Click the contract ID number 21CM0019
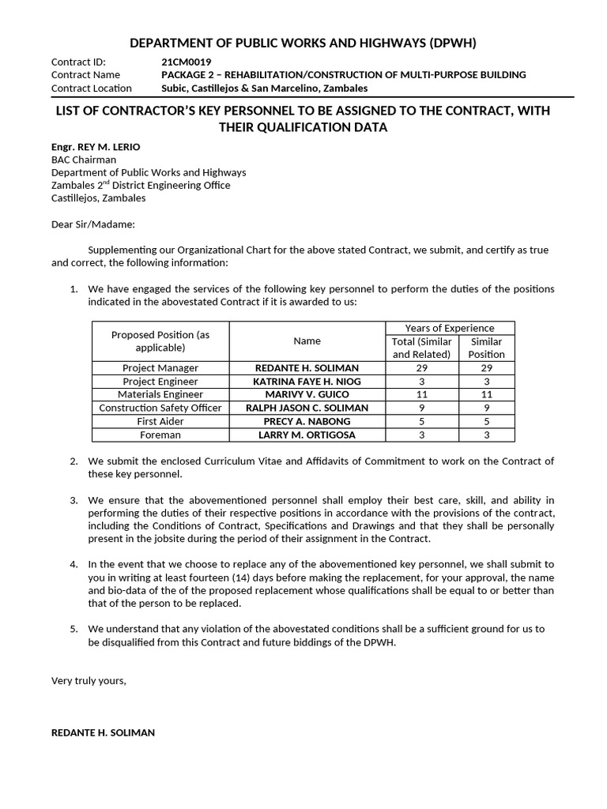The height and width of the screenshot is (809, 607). pos(186,62)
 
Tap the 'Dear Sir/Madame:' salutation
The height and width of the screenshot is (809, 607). pos(93,224)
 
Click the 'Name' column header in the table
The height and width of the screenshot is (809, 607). pos(307,341)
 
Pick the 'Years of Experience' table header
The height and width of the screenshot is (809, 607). pos(449,328)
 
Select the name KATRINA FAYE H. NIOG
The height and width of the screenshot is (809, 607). pos(307,382)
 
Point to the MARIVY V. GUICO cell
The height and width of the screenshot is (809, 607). pos(307,394)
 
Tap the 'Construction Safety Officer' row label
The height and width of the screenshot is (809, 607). pos(160,408)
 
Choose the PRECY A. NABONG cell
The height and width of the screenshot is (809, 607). pos(307,421)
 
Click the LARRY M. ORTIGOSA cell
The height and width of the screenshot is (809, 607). pos(307,435)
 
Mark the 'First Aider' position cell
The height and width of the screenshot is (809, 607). pos(160,421)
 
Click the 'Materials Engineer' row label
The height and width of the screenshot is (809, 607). pos(160,394)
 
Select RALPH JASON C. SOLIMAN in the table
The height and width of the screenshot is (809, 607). pos(307,408)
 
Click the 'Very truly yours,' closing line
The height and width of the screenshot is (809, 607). pos(89,679)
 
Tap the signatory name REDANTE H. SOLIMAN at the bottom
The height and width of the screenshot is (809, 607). pos(103,732)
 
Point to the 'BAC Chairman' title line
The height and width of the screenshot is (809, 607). pos(84,160)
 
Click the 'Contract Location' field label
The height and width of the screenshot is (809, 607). pos(92,88)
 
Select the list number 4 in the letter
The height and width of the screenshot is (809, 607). pos(74,564)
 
